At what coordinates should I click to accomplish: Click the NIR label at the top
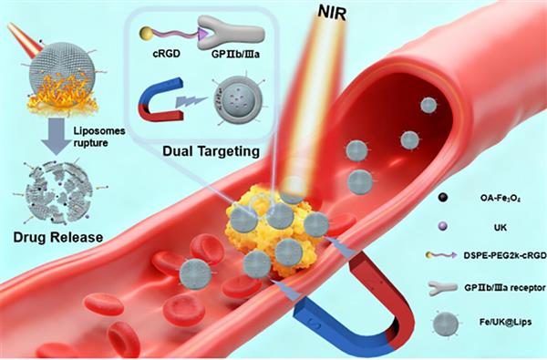coord(332,14)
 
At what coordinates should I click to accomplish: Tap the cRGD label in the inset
coord(167,55)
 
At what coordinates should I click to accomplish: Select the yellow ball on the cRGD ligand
coord(146,34)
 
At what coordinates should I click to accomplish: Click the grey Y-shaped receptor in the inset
coord(231,34)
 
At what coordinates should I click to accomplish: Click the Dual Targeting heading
coord(212,151)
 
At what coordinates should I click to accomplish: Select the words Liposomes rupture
coord(99,137)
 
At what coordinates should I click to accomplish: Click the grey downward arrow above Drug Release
coord(56,136)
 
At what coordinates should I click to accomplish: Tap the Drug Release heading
coord(58,237)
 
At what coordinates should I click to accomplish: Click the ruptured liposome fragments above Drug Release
coord(59,192)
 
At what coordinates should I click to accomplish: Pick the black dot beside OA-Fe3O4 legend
coord(443,198)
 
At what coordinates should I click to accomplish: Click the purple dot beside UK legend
coord(442,227)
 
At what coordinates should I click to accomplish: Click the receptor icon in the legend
coord(442,288)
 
